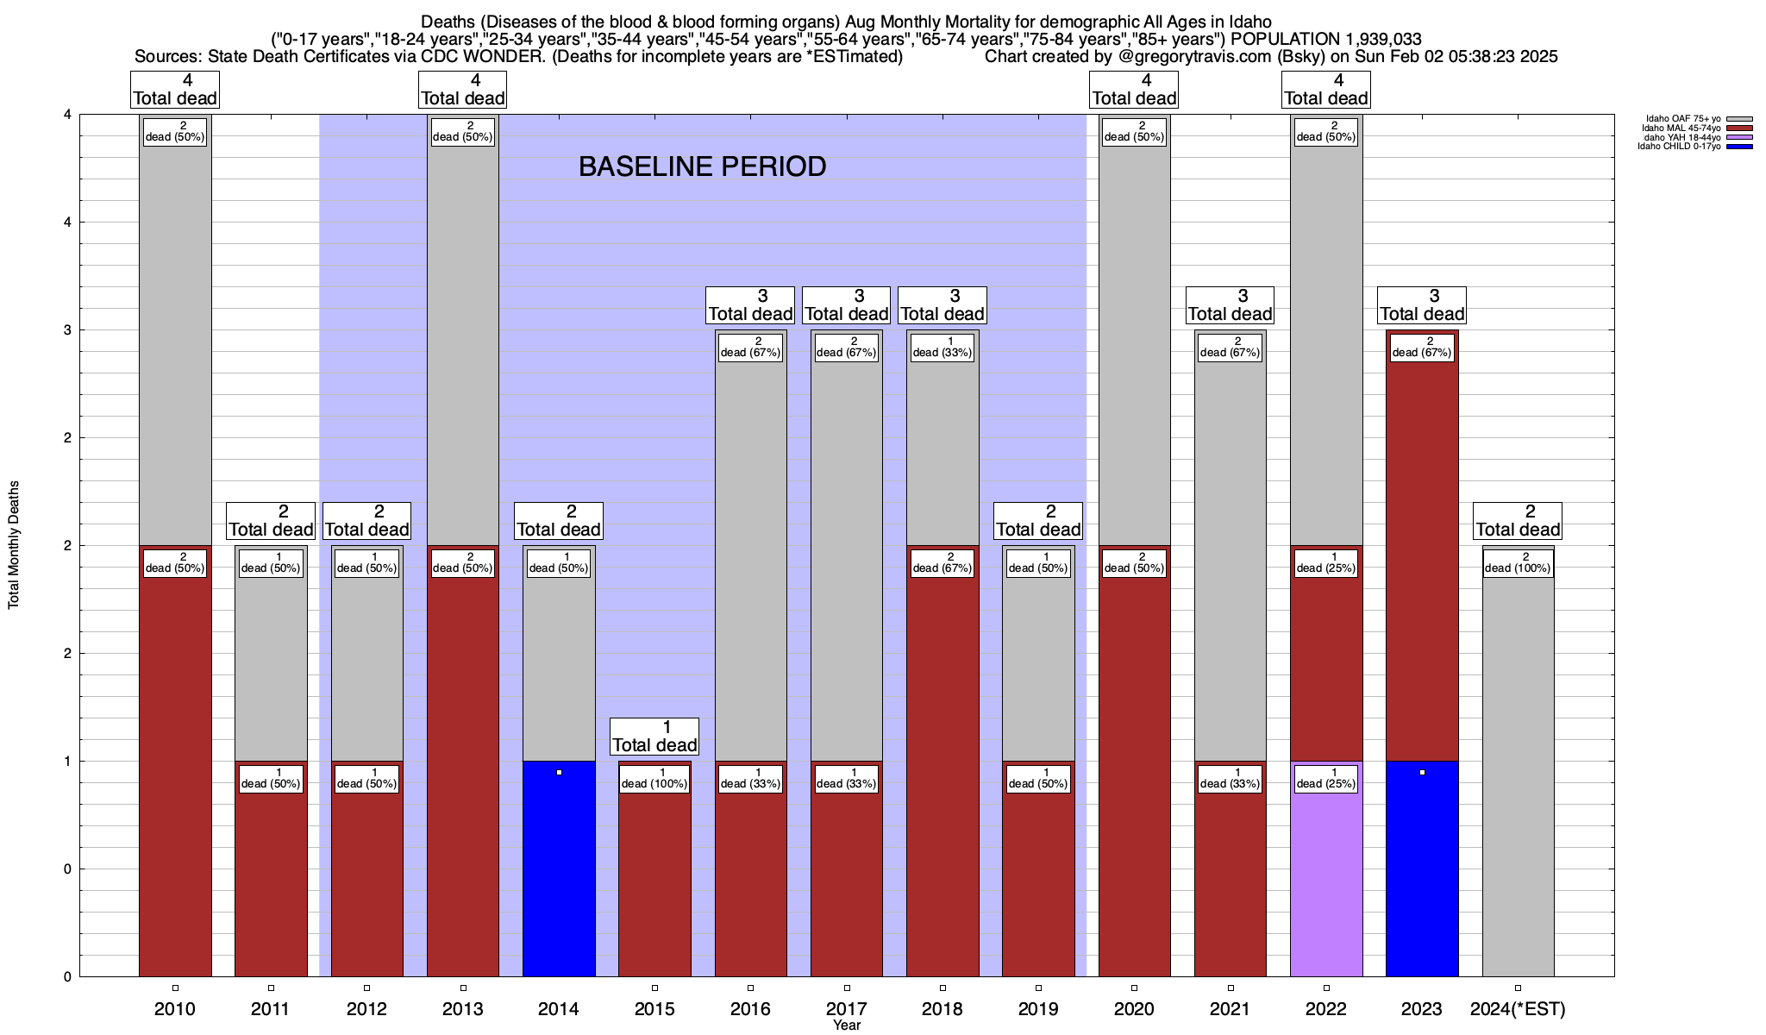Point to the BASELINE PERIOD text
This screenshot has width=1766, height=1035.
(x=702, y=166)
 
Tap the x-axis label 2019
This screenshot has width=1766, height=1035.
(x=1038, y=1009)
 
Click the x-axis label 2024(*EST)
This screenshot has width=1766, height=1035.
(x=1518, y=1009)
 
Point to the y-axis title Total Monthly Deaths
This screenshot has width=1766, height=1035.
(x=14, y=545)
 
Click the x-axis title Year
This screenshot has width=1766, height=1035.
(x=847, y=1026)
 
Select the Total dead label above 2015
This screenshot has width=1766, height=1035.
(x=654, y=737)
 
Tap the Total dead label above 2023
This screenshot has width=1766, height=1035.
(x=1422, y=305)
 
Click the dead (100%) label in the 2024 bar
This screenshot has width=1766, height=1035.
(x=1518, y=563)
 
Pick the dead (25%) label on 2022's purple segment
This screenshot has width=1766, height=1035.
(x=1326, y=779)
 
